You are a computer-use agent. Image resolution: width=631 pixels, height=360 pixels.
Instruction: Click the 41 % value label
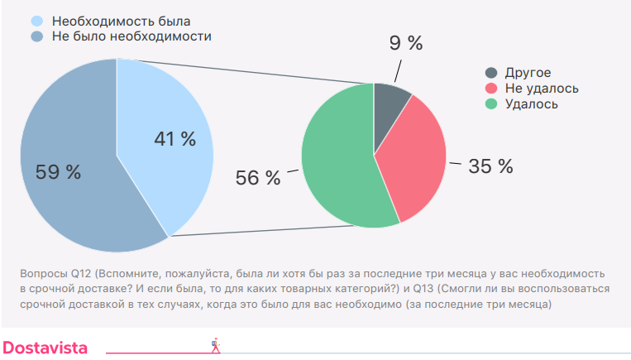click(x=175, y=139)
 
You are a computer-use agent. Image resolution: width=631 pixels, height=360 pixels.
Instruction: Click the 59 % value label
click(x=58, y=172)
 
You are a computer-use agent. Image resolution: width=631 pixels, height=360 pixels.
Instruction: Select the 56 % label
click(x=258, y=178)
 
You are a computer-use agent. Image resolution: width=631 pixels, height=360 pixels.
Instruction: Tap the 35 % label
click(x=490, y=166)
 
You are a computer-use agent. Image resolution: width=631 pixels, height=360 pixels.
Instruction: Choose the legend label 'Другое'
click(x=528, y=73)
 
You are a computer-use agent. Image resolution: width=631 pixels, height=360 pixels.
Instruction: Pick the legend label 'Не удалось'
click(x=542, y=89)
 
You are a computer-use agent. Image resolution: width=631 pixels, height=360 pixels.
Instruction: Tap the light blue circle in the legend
click(x=36, y=20)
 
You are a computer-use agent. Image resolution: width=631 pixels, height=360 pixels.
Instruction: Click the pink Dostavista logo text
click(x=45, y=347)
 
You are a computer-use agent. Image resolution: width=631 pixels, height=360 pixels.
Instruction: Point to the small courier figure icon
click(x=216, y=344)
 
